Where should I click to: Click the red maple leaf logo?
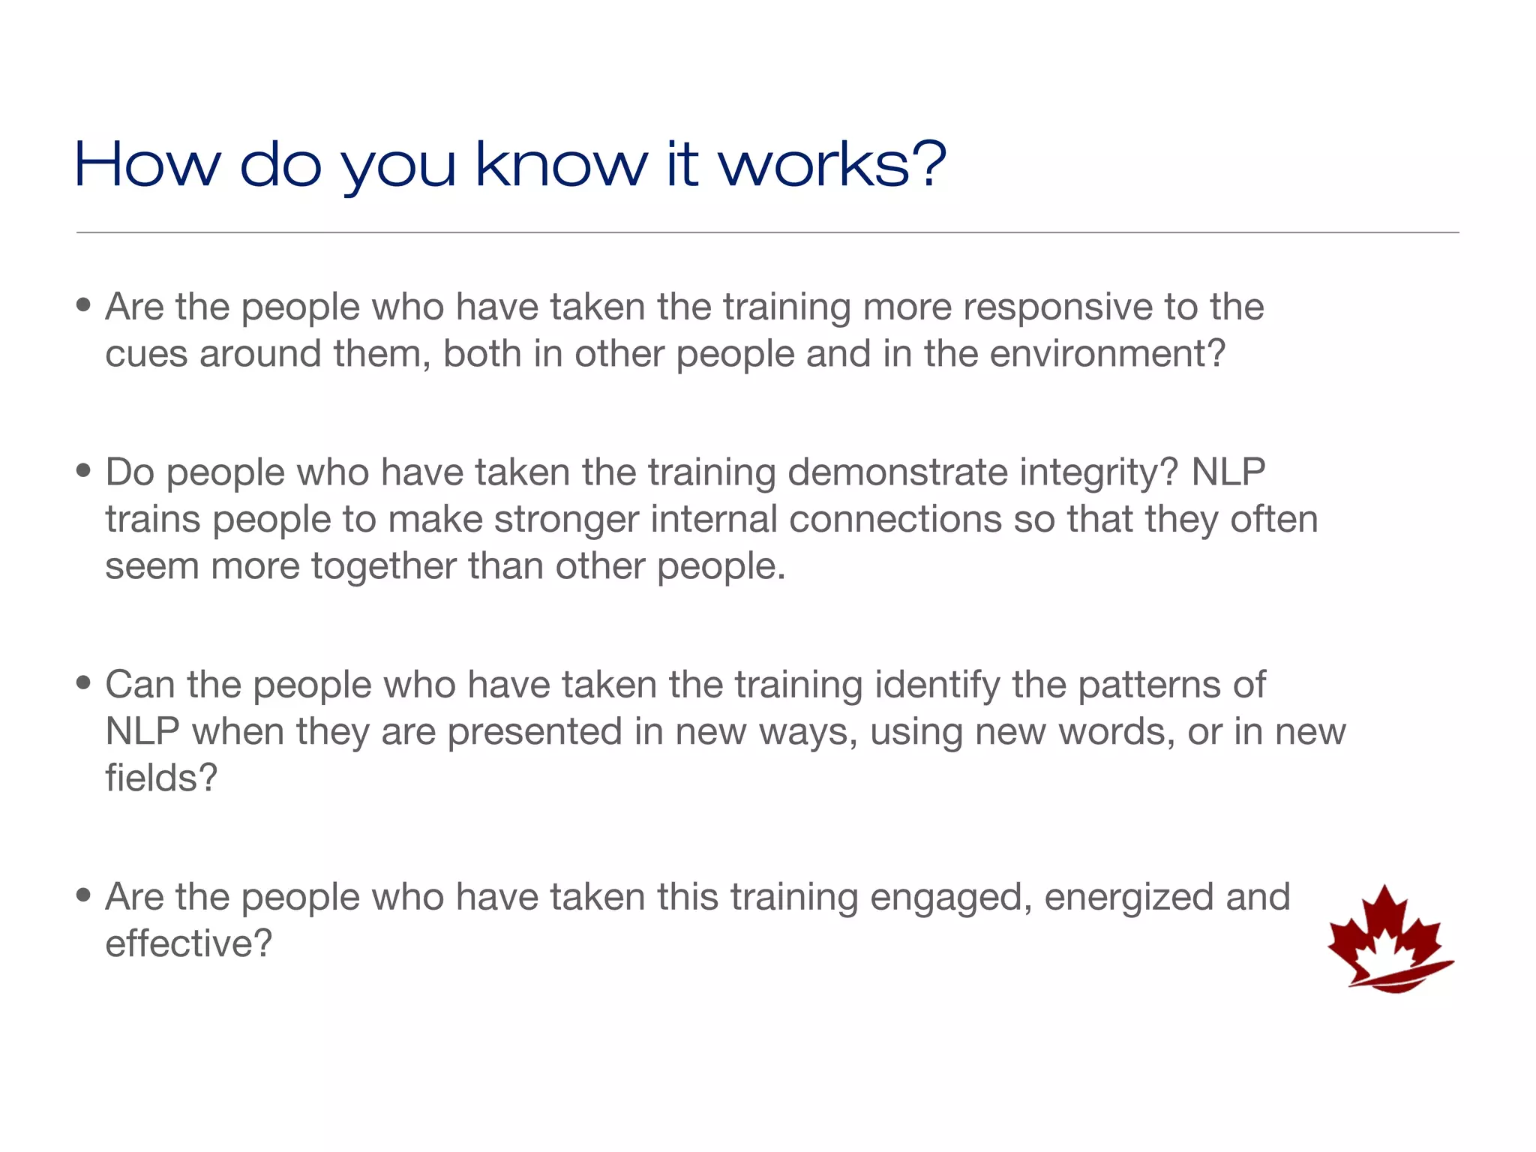tap(1390, 940)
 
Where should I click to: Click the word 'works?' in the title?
tap(832, 164)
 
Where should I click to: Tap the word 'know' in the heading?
tap(561, 164)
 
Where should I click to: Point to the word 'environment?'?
tap(1107, 353)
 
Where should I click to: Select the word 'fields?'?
tap(161, 778)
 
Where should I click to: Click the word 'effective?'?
tap(188, 943)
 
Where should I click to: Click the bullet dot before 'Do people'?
tap(83, 471)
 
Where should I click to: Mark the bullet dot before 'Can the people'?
tap(83, 683)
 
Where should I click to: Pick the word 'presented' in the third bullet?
tap(535, 731)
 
